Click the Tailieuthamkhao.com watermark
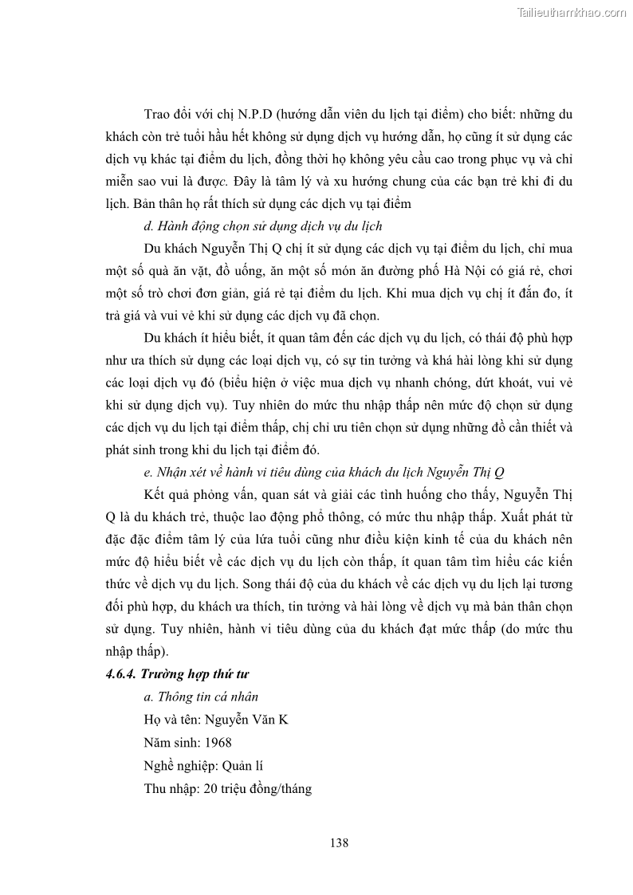click(x=572, y=12)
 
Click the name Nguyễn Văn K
click(x=246, y=720)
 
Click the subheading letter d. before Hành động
click(x=147, y=226)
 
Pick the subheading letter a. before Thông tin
click(x=147, y=697)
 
